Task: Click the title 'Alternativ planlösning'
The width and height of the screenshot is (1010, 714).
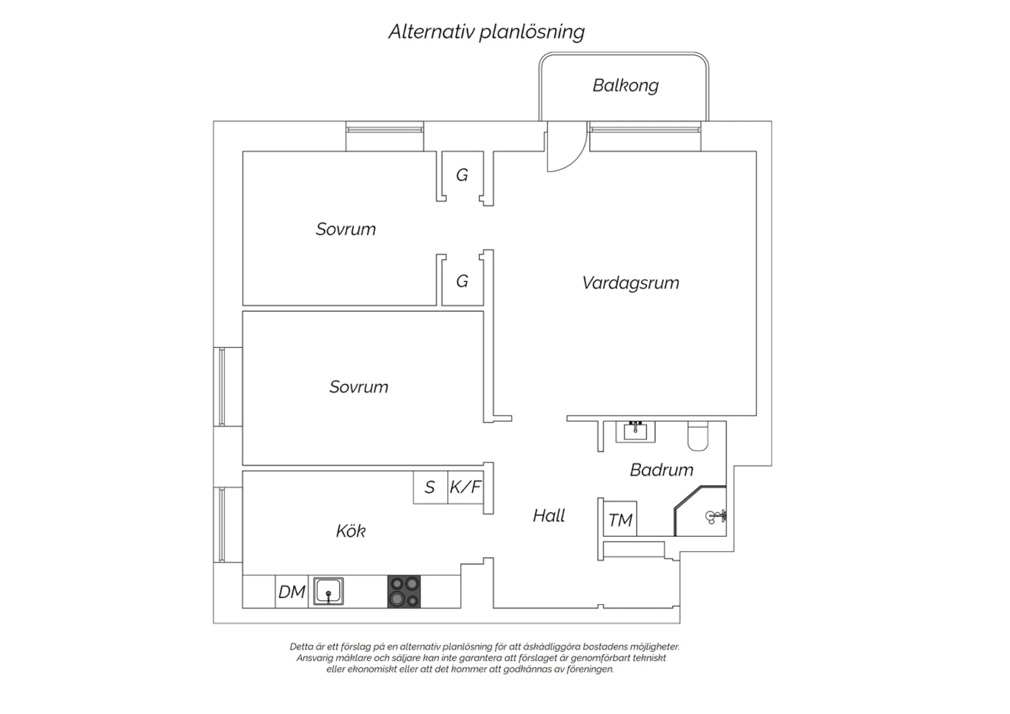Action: pos(487,32)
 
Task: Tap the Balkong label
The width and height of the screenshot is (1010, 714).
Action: pos(626,86)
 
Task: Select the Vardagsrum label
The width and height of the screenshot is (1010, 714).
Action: pos(630,283)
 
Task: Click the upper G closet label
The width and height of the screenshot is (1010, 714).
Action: pos(462,175)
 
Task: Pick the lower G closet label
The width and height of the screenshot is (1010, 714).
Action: pos(462,282)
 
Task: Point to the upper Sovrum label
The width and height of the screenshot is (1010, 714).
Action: pos(345,229)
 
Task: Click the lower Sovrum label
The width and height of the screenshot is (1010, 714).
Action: pos(358,387)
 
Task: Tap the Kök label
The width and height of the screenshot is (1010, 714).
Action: pos(350,530)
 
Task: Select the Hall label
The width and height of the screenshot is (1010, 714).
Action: pos(549,515)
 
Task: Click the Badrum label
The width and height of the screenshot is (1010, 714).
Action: pos(661,470)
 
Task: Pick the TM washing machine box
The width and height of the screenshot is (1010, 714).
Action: pos(620,518)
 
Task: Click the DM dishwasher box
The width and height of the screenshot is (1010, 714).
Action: pos(292,591)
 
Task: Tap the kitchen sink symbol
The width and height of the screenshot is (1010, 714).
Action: pos(329,591)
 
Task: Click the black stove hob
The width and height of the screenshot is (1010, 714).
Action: pos(404,591)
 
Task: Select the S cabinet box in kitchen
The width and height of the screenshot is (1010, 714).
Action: pos(431,487)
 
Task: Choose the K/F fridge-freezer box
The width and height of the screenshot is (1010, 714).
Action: pos(466,487)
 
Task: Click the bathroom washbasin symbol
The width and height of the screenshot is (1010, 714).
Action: pos(636,432)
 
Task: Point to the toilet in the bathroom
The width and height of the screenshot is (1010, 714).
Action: pos(698,436)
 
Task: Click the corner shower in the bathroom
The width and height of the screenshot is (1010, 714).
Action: pos(700,511)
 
